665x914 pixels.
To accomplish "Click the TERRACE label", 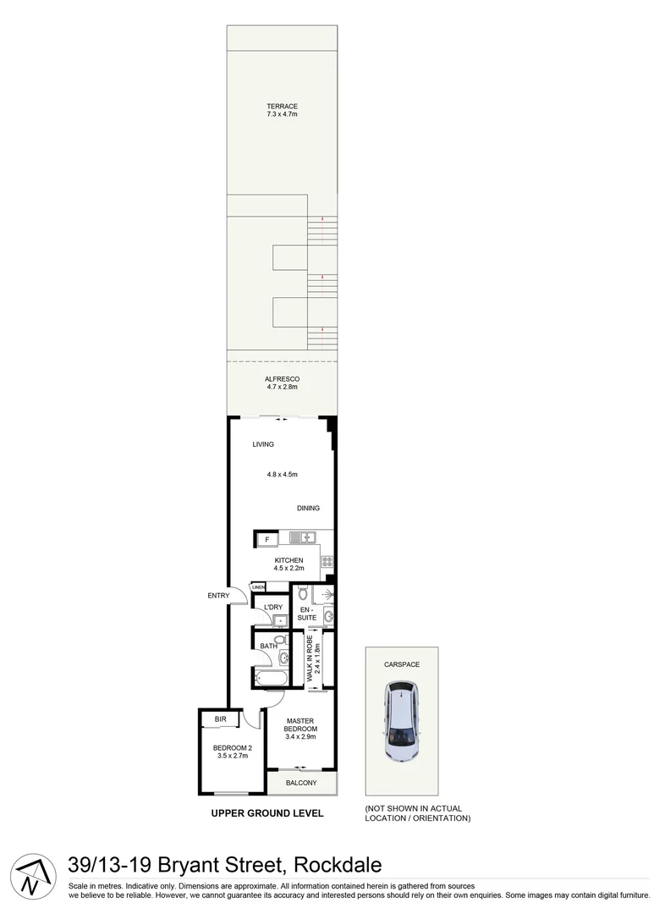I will tap(282, 106).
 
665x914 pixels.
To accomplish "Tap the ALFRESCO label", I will tap(282, 378).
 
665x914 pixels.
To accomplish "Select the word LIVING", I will tap(263, 444).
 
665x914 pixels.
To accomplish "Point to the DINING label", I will tap(308, 508).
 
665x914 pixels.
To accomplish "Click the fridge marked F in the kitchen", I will tap(267, 539).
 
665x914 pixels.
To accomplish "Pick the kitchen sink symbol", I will tap(302, 537).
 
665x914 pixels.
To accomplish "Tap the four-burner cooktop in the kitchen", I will tap(327, 560).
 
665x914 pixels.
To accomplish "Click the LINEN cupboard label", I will tap(258, 586).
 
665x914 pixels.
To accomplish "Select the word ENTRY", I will tap(218, 596).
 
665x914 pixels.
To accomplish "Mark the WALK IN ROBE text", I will tap(311, 661).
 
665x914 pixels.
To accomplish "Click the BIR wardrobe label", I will tap(220, 719).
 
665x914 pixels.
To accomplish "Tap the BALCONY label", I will tap(301, 783).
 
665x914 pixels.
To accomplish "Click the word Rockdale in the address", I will tap(338, 865).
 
